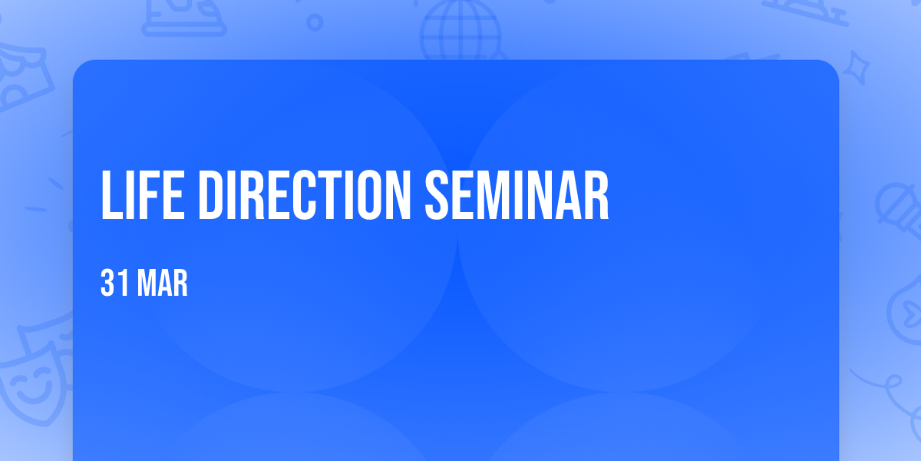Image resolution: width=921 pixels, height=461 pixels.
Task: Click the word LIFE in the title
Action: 142,194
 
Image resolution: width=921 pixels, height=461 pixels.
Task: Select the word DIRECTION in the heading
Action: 305,194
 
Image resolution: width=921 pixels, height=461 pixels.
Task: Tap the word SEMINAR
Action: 517,194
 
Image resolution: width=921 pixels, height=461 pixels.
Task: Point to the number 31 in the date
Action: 114,283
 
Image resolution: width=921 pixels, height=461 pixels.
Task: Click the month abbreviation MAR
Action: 163,283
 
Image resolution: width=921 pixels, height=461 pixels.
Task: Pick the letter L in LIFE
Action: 111,194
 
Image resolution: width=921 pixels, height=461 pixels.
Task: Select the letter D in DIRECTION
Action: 210,194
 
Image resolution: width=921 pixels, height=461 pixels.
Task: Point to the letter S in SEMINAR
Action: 437,194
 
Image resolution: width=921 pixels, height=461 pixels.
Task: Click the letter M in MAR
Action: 146,283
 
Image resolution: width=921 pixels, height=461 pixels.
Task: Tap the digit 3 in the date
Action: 107,283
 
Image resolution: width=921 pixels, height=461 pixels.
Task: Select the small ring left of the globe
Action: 315,22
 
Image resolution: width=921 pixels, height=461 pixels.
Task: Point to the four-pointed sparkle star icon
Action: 857,68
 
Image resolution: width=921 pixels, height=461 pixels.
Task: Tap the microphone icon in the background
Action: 899,210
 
